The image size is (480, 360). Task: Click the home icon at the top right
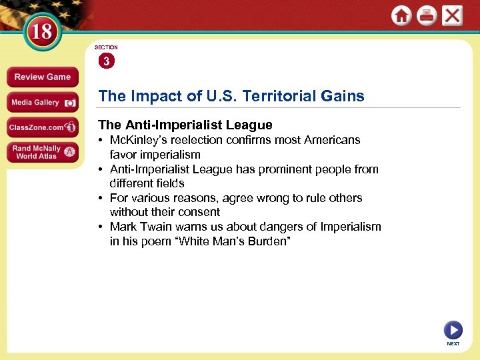401,15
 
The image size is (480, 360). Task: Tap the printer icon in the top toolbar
427,15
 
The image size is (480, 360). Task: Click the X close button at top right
452,15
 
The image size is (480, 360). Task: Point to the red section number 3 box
106,61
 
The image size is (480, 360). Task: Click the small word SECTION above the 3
106,47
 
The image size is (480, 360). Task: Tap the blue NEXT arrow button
453,330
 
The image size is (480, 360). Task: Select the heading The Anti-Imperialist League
185,125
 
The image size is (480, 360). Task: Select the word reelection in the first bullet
204,140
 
